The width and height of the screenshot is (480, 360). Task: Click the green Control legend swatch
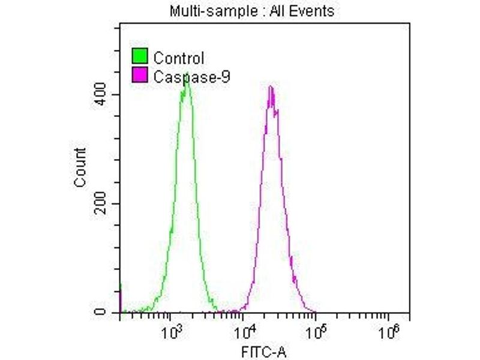(140, 58)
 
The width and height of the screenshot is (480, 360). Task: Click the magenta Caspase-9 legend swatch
(140, 76)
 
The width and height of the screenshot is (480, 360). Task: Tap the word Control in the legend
(179, 58)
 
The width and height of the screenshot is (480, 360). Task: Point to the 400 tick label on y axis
(105, 95)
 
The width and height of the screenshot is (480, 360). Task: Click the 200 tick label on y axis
(105, 204)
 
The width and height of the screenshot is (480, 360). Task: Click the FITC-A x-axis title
(265, 351)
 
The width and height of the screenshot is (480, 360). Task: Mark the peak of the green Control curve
(187, 81)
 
